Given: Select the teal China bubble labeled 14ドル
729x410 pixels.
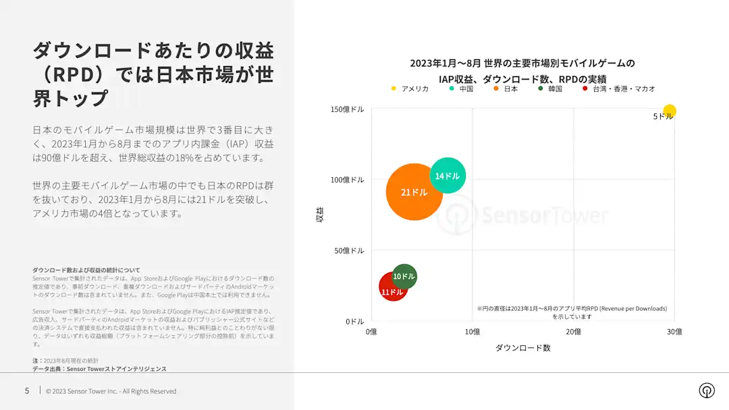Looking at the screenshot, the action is pyautogui.click(x=448, y=175).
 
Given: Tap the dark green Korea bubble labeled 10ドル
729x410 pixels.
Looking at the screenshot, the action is pyautogui.click(x=404, y=276).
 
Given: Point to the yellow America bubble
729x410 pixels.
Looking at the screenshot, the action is pyautogui.click(x=670, y=111).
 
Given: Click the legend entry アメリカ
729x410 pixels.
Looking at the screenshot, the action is pyautogui.click(x=410, y=89).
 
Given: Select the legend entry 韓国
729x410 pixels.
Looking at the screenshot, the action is pyautogui.click(x=550, y=89).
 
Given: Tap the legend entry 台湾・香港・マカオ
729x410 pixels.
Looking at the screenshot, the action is pyautogui.click(x=619, y=89).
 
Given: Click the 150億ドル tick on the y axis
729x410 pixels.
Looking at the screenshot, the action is pyautogui.click(x=348, y=109).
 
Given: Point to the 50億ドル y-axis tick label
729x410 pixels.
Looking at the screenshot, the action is pyautogui.click(x=349, y=251).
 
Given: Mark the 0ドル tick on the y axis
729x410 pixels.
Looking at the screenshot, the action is pyautogui.click(x=355, y=321).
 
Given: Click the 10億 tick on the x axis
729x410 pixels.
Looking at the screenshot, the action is pyautogui.click(x=473, y=332).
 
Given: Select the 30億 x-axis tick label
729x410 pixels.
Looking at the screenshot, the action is pyautogui.click(x=674, y=332).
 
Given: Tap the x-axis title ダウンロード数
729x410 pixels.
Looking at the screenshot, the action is pyautogui.click(x=523, y=348).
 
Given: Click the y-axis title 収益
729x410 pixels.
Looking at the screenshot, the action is pyautogui.click(x=320, y=214).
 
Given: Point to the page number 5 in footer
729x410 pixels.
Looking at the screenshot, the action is pyautogui.click(x=27, y=391).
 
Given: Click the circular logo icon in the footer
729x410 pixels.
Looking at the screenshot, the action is pyautogui.click(x=707, y=390).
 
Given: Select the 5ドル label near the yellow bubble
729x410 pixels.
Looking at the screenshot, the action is pyautogui.click(x=663, y=117).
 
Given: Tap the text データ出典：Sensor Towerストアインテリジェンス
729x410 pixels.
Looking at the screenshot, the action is pyautogui.click(x=99, y=369).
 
